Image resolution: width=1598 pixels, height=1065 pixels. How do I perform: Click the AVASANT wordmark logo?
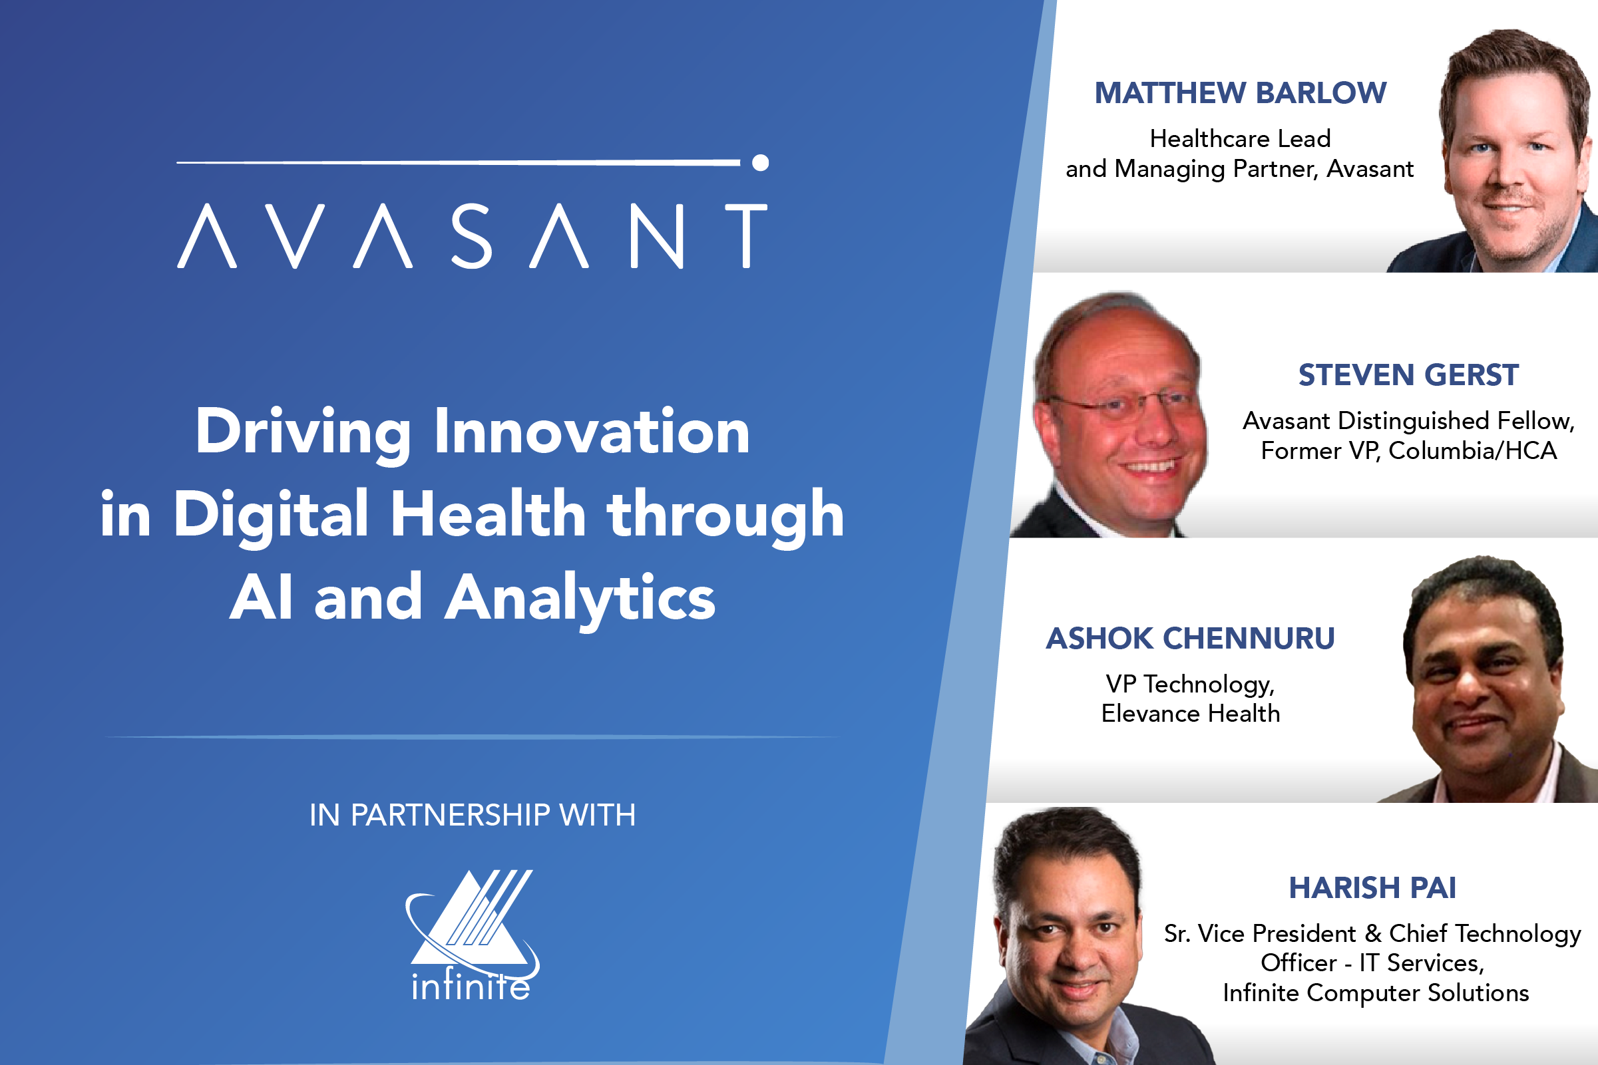pyautogui.click(x=472, y=236)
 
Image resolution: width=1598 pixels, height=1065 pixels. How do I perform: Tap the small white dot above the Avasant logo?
pyautogui.click(x=760, y=162)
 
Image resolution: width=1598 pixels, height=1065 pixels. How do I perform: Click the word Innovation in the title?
pyautogui.click(x=592, y=431)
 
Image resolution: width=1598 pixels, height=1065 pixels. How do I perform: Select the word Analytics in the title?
pyautogui.click(x=580, y=598)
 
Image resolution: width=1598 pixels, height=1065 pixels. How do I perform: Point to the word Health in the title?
pyautogui.click(x=488, y=514)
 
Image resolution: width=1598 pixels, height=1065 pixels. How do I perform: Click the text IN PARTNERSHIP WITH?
pyautogui.click(x=473, y=815)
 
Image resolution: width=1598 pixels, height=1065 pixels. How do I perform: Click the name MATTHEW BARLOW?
pyautogui.click(x=1240, y=93)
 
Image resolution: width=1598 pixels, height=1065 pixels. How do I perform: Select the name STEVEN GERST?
pyautogui.click(x=1408, y=375)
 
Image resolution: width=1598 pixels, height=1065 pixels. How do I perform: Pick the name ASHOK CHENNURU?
pyautogui.click(x=1190, y=639)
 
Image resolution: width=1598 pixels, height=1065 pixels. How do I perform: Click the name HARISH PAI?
pyautogui.click(x=1372, y=888)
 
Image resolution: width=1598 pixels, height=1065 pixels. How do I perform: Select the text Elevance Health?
pyautogui.click(x=1190, y=713)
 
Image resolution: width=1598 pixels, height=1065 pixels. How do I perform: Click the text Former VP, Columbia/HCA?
pyautogui.click(x=1408, y=450)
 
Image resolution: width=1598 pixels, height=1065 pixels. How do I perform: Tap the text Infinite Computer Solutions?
pyautogui.click(x=1376, y=993)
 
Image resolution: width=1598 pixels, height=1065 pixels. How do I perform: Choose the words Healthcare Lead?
pyautogui.click(x=1240, y=138)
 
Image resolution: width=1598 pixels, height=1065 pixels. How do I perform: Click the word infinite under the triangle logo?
pyautogui.click(x=471, y=987)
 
